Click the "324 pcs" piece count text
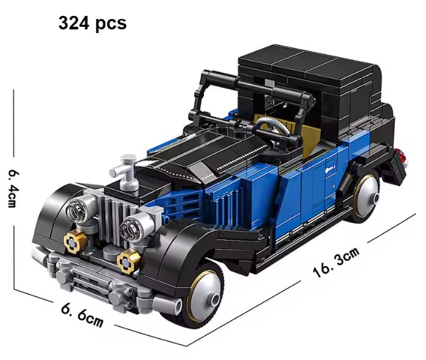92,23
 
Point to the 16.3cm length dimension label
336,262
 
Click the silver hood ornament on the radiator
124,172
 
